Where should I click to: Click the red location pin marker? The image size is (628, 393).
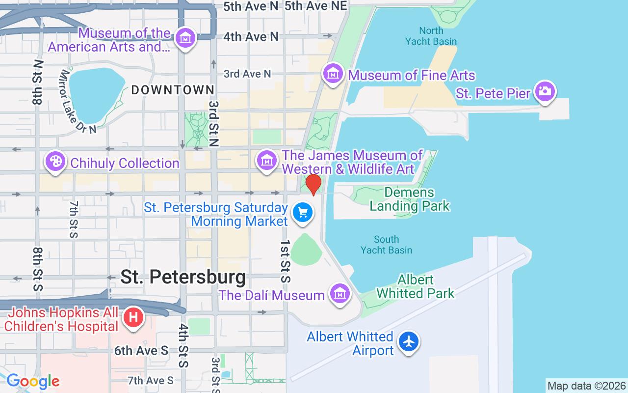(x=313, y=184)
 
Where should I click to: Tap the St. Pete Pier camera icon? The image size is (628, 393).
(x=545, y=91)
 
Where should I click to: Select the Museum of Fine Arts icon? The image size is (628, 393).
(x=333, y=74)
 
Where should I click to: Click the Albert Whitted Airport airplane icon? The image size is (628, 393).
(x=408, y=341)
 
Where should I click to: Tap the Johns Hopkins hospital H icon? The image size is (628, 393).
(x=133, y=317)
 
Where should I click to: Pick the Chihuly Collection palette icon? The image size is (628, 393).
(x=55, y=161)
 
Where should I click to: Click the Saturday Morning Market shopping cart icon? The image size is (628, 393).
(x=303, y=213)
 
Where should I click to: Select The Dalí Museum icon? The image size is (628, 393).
(x=340, y=293)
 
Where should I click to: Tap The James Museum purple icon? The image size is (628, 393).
(x=267, y=160)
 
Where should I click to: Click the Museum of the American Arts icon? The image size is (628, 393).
(x=186, y=38)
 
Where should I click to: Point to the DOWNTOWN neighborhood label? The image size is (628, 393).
(x=173, y=90)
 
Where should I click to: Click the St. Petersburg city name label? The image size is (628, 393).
(x=183, y=277)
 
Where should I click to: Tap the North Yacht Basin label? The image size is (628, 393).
(x=431, y=36)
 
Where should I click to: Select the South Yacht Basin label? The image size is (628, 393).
(x=386, y=245)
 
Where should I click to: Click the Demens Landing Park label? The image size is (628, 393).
(x=409, y=199)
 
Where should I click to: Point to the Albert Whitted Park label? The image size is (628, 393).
(x=415, y=287)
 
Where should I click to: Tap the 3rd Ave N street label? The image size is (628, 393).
(x=247, y=74)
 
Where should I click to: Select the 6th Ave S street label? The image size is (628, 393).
(x=141, y=351)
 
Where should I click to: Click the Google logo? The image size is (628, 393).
(x=33, y=381)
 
